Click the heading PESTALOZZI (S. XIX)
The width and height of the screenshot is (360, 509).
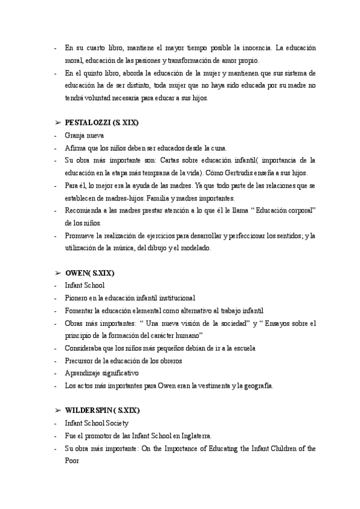point(101,123)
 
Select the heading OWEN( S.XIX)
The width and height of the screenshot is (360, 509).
point(89,273)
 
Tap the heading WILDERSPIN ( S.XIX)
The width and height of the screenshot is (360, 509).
point(102,411)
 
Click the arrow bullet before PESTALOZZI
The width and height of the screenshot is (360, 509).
point(58,123)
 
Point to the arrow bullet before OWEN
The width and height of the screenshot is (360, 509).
point(58,273)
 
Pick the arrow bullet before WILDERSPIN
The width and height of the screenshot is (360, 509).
point(58,411)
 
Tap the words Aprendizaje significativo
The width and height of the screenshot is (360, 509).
point(101,373)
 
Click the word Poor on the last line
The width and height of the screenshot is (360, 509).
point(72,460)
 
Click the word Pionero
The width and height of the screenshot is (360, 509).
point(77,298)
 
